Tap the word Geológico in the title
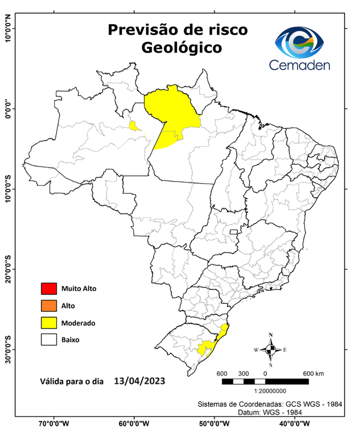pos(181,47)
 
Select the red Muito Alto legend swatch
pos(49,289)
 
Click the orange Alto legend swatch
pos(49,306)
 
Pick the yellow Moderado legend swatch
pos(49,322)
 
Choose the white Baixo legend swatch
pos(49,339)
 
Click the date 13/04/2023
pos(139,382)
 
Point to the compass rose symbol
pos(271,350)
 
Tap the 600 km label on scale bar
pos(313,373)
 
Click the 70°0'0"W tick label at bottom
pos(54,422)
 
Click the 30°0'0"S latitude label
pos(8,349)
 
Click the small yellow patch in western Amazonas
pos(134,126)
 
